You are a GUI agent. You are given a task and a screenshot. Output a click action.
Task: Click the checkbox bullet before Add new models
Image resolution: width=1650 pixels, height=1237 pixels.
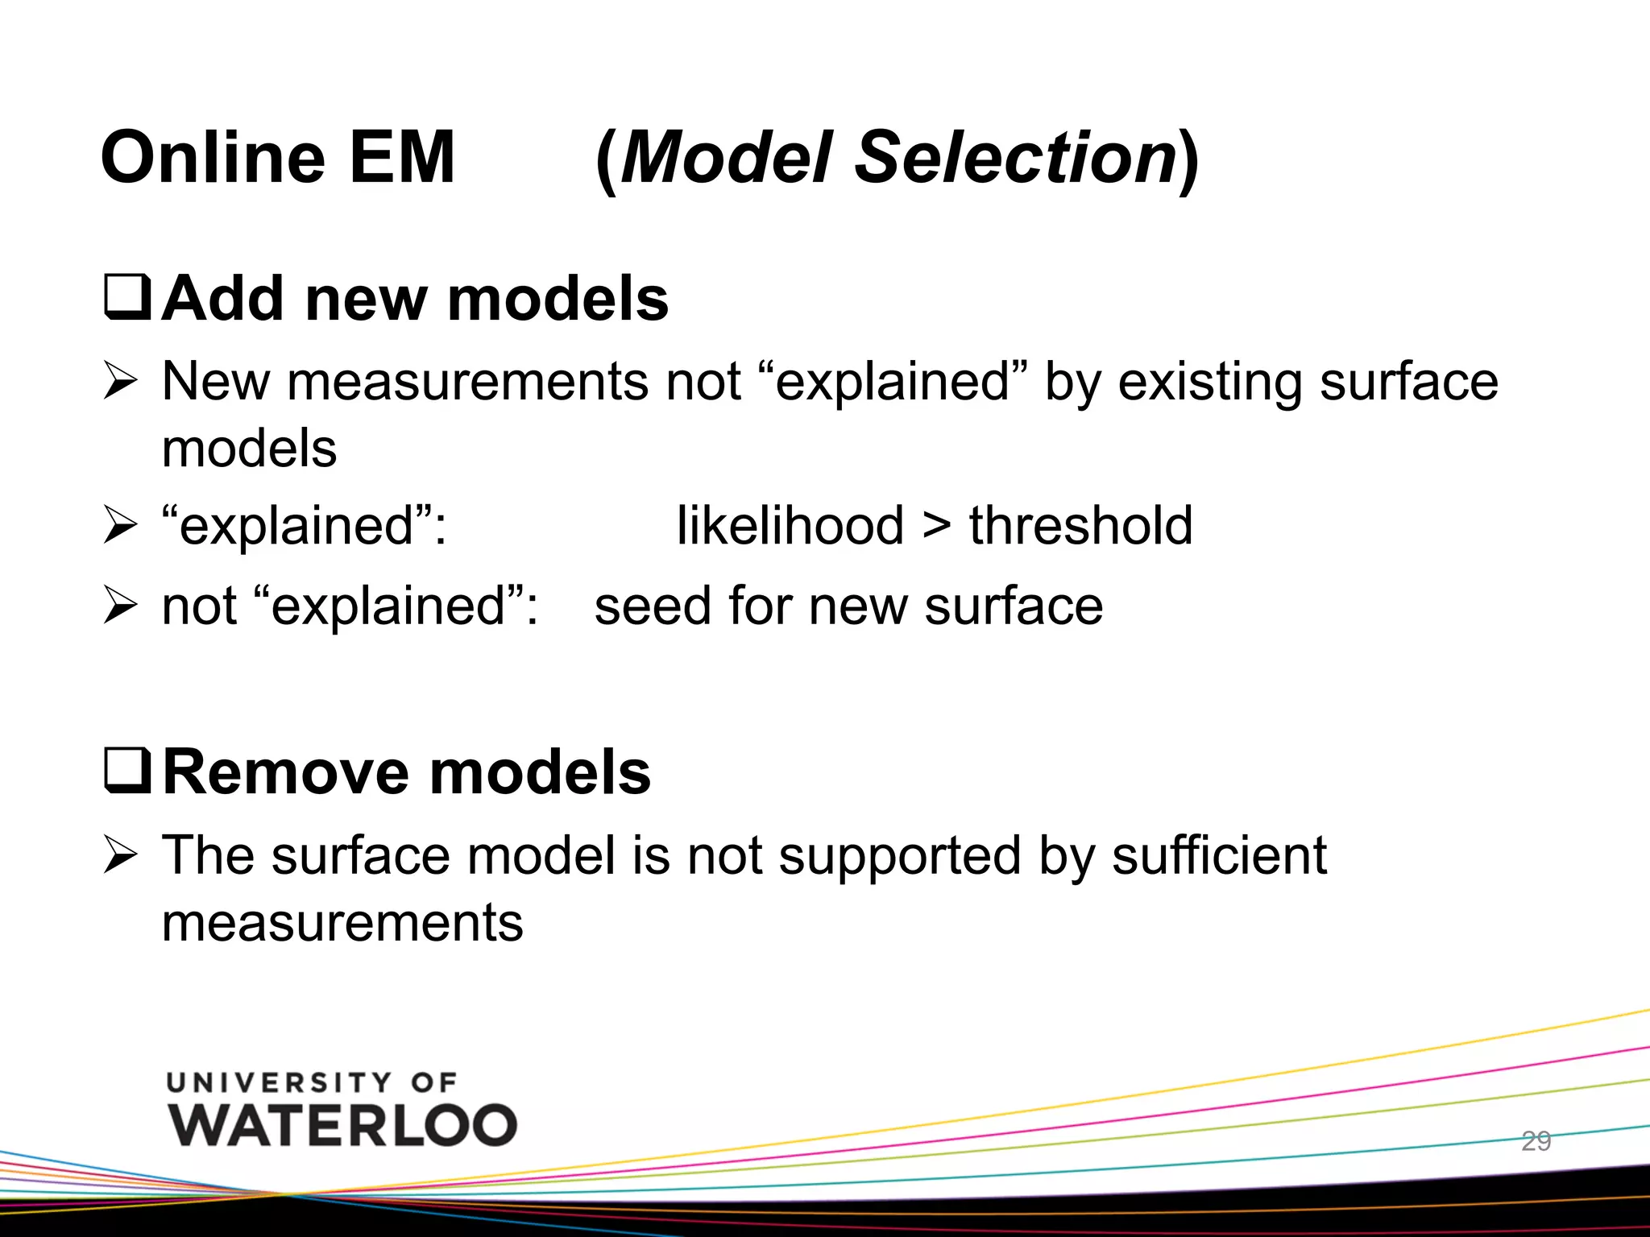(127, 298)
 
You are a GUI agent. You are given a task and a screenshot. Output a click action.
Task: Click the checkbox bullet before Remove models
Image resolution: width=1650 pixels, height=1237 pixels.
(127, 772)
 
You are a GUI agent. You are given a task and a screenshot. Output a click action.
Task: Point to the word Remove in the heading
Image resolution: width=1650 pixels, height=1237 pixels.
(286, 772)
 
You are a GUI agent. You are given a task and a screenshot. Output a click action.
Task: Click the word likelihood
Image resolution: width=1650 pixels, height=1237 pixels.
(790, 525)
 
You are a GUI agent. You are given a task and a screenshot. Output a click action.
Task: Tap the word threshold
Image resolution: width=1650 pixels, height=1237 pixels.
(1080, 525)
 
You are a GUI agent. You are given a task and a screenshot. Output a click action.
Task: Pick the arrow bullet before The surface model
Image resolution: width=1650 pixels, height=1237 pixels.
(121, 855)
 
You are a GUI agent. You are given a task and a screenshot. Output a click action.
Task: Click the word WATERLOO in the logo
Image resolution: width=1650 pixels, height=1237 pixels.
(342, 1125)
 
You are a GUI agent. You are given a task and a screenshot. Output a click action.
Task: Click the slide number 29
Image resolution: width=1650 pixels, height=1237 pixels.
(1536, 1141)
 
